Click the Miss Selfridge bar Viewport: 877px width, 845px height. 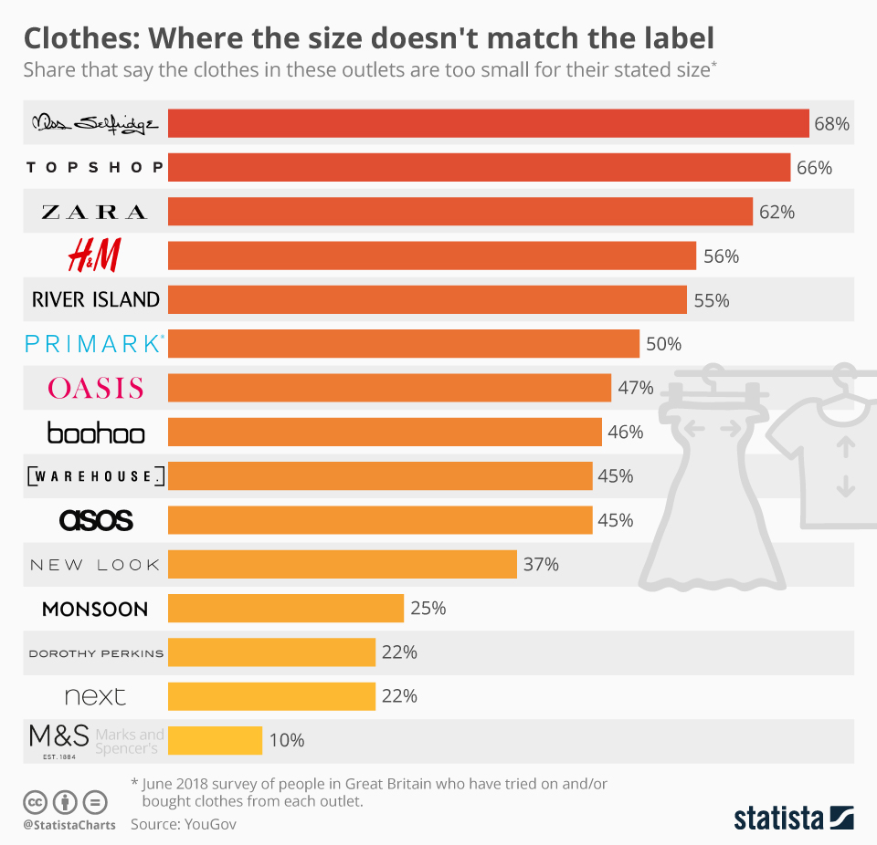click(489, 123)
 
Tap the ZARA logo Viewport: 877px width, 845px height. click(95, 212)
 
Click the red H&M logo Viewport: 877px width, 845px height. click(94, 256)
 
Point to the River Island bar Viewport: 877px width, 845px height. click(428, 299)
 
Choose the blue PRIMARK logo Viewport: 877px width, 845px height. click(95, 344)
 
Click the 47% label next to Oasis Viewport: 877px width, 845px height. click(636, 388)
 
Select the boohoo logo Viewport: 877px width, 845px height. click(96, 432)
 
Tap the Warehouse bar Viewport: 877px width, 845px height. click(380, 475)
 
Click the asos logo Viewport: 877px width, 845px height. click(96, 520)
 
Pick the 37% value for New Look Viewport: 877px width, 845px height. click(541, 564)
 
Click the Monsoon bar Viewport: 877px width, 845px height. click(286, 608)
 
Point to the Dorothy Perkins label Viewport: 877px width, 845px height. click(96, 652)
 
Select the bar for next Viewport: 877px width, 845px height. click(272, 696)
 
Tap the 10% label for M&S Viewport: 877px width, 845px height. click(287, 740)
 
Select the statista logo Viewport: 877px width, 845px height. click(793, 817)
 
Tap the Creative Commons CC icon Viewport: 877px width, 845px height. click(35, 802)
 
